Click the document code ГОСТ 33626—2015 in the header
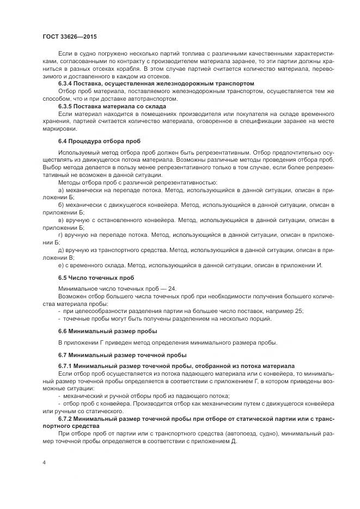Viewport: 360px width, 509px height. (x=70, y=36)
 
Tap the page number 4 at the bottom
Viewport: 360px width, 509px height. (x=44, y=462)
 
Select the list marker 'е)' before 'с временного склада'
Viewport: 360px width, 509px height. (x=61, y=265)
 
